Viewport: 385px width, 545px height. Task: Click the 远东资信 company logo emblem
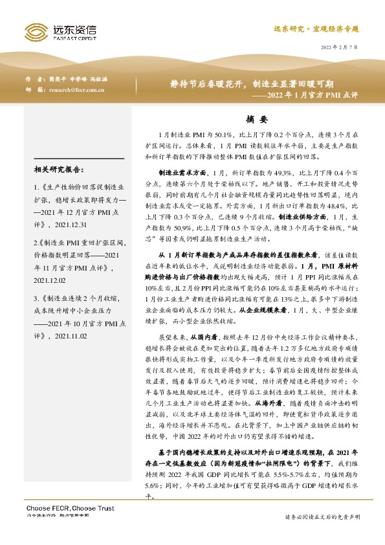tap(38, 30)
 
